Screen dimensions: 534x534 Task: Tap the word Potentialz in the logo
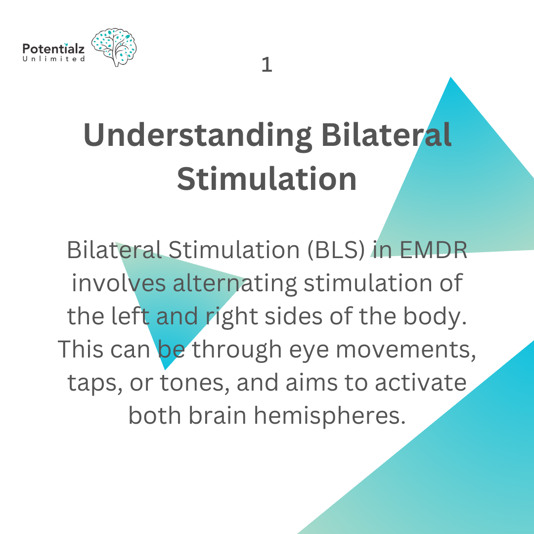tap(54, 49)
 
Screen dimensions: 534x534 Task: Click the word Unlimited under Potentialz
tap(54, 59)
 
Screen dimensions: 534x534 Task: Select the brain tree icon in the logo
tap(114, 47)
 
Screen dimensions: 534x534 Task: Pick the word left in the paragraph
tap(131, 316)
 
